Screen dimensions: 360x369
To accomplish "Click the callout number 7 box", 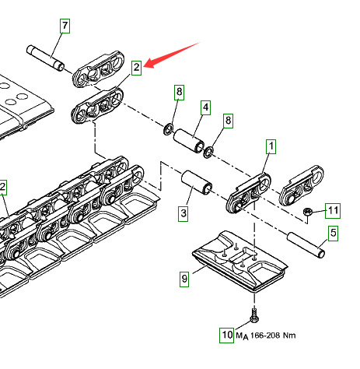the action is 65,26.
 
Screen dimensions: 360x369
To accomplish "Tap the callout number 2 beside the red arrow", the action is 136,68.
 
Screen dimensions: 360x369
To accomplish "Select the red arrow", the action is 171,54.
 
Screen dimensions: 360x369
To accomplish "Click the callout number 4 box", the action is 205,107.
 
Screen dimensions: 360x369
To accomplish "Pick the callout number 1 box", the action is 271,146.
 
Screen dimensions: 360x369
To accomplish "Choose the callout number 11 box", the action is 333,211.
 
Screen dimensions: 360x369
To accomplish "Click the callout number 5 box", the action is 333,234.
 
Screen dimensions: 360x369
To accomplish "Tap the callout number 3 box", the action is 183,214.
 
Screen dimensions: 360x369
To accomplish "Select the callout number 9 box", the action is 184,279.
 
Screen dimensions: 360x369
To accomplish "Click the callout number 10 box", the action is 227,336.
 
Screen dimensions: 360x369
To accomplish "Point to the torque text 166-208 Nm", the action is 273,336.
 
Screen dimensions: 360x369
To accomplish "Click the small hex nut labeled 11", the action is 307,212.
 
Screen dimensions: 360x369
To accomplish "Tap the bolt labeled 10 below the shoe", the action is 253,315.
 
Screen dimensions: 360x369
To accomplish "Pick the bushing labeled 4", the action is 189,141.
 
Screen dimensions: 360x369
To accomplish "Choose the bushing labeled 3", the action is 197,183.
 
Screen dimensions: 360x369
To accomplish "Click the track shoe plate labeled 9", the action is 239,261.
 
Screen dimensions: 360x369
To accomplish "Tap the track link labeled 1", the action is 249,193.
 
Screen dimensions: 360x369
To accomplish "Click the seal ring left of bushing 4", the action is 169,129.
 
